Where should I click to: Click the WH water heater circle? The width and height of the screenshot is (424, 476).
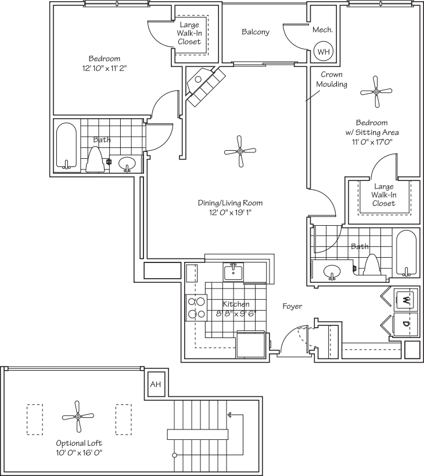pyautogui.click(x=322, y=51)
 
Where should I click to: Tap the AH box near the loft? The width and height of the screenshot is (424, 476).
pyautogui.click(x=155, y=385)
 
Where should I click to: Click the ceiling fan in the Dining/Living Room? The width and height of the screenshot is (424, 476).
pyautogui.click(x=240, y=151)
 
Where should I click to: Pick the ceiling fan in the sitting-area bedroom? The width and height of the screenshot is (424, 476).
pyautogui.click(x=377, y=91)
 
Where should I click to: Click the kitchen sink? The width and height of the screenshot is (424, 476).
pyautogui.click(x=233, y=272)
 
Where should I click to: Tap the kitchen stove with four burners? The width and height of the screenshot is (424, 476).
pyautogui.click(x=196, y=307)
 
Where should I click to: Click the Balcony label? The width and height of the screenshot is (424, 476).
pyautogui.click(x=256, y=32)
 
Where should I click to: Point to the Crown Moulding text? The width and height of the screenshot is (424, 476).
pyautogui.click(x=332, y=79)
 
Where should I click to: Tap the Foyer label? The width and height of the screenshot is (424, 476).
pyautogui.click(x=292, y=306)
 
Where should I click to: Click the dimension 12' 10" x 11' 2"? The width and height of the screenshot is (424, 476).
pyautogui.click(x=105, y=68)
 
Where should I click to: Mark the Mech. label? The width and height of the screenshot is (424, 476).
pyautogui.click(x=322, y=30)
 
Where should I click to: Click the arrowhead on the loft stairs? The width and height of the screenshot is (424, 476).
pyautogui.click(x=230, y=415)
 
